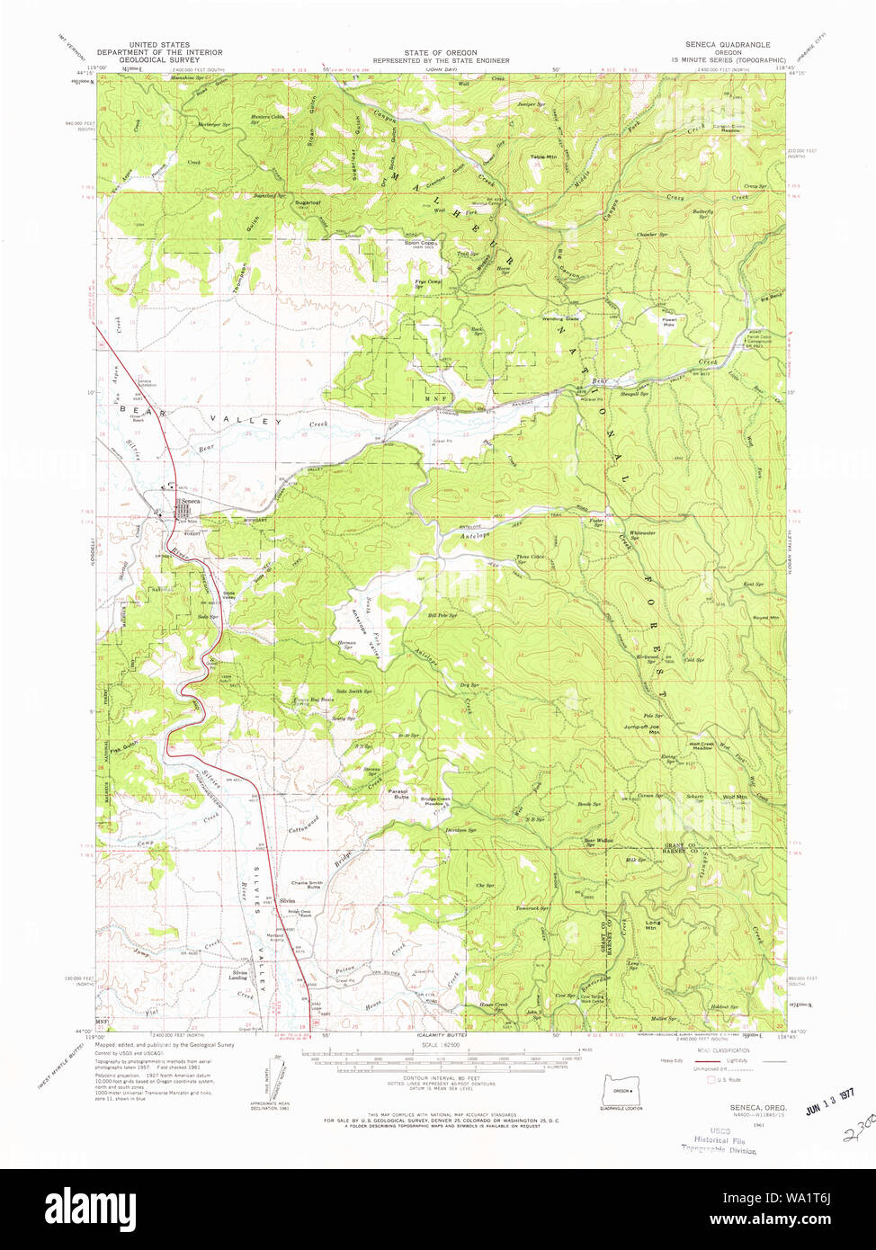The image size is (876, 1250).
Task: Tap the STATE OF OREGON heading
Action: click(x=441, y=53)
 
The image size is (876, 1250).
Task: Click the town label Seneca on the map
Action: click(x=191, y=502)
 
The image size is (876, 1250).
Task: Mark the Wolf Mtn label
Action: click(x=735, y=797)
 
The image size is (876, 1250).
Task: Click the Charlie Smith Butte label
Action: click(x=306, y=885)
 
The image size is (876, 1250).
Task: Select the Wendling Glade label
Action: click(x=559, y=318)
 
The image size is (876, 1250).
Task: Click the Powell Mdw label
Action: click(x=669, y=322)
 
